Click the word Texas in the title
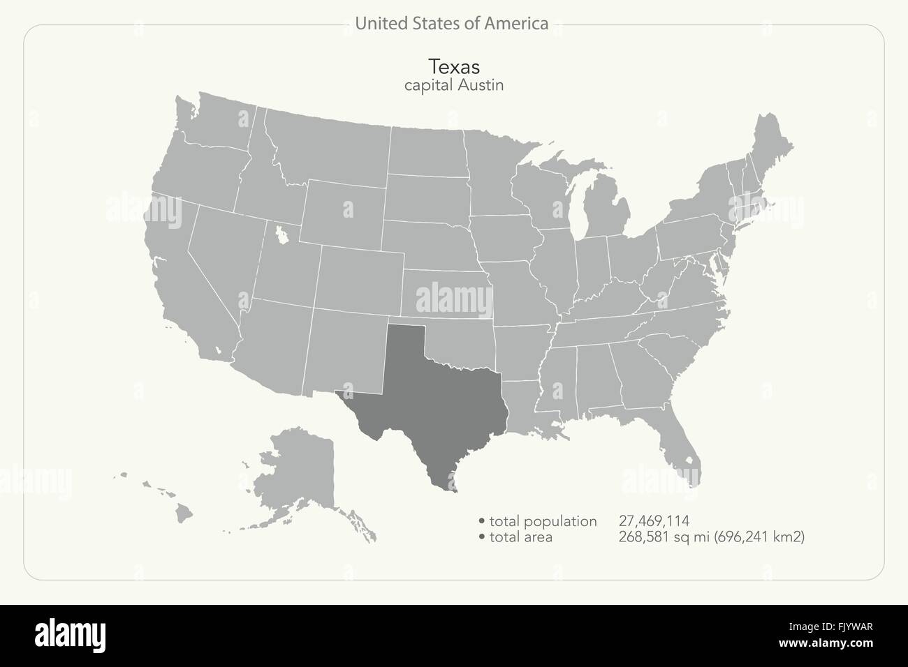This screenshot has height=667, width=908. coord(453,66)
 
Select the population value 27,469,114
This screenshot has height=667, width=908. coord(654,520)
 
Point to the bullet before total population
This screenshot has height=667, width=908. coord(482,521)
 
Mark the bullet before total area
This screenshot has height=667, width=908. coord(482,537)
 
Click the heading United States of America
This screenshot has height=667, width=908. coord(451,24)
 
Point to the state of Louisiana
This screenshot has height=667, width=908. coord(531,405)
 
